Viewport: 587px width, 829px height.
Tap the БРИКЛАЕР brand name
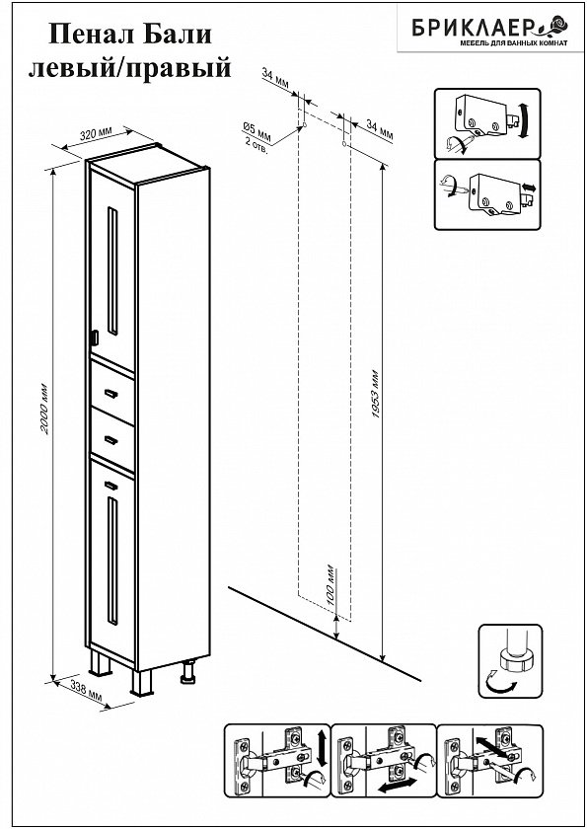[476, 28]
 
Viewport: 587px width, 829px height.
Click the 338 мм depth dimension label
[85, 691]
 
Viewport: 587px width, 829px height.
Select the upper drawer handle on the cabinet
[110, 393]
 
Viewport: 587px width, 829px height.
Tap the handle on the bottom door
[110, 485]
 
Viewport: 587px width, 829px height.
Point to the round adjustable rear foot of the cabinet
[187, 671]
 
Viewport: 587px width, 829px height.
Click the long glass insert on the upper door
[112, 270]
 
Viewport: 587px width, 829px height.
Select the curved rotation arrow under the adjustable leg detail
[500, 683]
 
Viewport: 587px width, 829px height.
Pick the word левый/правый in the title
[130, 68]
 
